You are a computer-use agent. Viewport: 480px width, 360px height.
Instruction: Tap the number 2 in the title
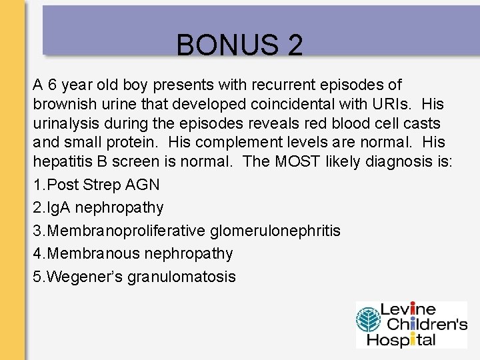point(295,45)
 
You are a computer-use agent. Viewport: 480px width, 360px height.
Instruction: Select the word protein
point(133,143)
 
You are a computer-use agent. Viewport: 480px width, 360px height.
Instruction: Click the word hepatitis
point(61,161)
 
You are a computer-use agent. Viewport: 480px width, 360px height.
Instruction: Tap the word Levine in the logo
point(408,310)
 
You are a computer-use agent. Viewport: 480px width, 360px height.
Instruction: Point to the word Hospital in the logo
point(407,339)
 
